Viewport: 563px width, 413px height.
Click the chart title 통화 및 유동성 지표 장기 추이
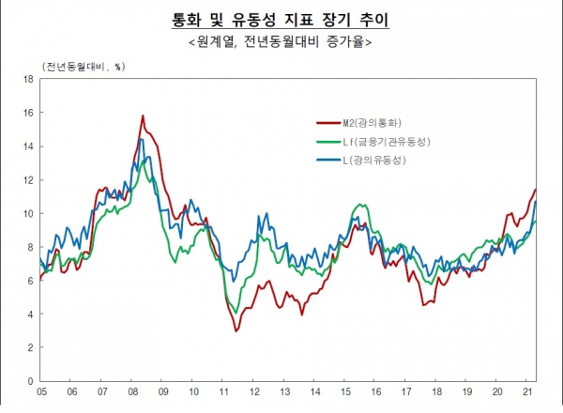[x=281, y=20]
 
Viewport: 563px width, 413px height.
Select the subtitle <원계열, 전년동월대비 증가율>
[x=281, y=41]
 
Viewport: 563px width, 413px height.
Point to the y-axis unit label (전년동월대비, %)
[x=84, y=66]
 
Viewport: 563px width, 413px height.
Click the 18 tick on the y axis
[x=29, y=79]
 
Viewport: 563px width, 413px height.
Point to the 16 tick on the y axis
[x=29, y=113]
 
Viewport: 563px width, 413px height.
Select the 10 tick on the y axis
[x=29, y=213]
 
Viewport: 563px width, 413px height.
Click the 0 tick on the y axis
[x=32, y=381]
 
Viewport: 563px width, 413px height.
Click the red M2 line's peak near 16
[x=142, y=116]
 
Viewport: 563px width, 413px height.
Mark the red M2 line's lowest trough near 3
[x=236, y=331]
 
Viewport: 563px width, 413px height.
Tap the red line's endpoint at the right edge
[x=535, y=190]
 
